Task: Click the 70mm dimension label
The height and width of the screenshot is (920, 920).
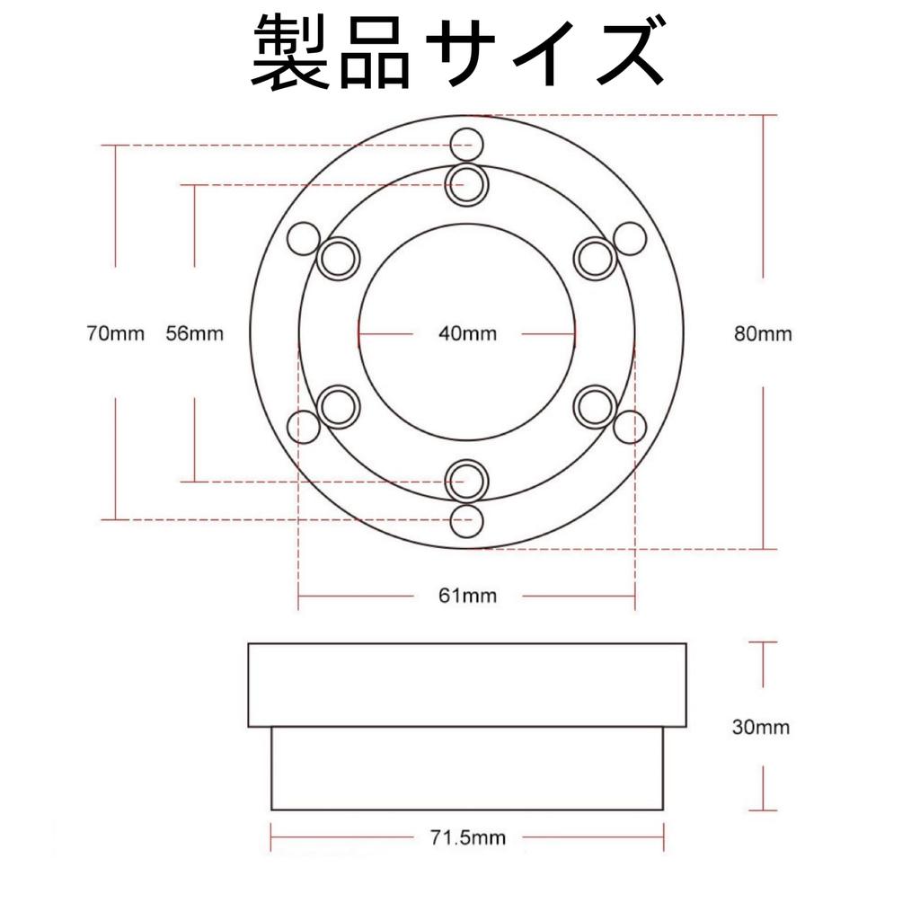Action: (x=115, y=334)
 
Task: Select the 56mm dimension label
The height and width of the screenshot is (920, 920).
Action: (x=195, y=334)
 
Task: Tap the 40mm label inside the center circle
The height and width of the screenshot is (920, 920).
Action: (x=467, y=334)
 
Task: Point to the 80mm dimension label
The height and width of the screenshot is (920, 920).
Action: (x=763, y=334)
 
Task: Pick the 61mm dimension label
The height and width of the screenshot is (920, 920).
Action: (x=467, y=596)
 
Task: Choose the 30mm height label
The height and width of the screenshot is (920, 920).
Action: (x=761, y=728)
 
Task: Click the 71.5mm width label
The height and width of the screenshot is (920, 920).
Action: (x=467, y=837)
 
